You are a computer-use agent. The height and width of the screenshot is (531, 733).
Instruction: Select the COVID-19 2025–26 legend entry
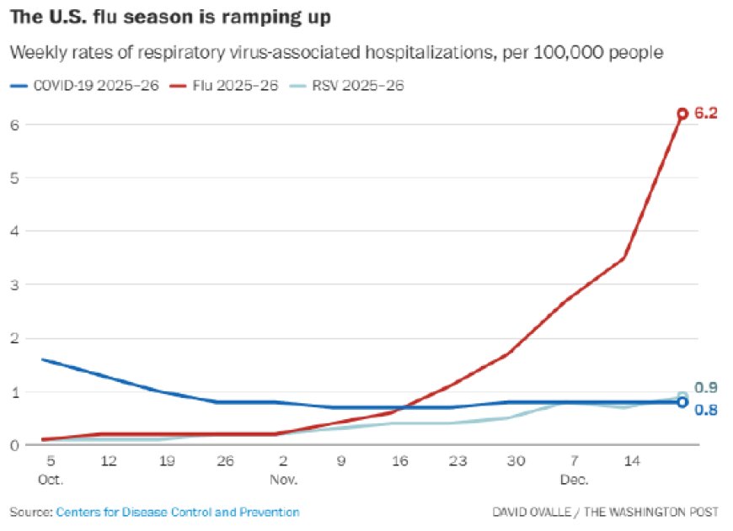pos(84,86)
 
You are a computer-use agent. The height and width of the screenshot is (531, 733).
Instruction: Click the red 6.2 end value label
pos(705,113)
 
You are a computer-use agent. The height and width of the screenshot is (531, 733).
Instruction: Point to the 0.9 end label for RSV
pos(705,388)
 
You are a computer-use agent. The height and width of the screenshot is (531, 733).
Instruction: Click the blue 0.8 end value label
pos(705,409)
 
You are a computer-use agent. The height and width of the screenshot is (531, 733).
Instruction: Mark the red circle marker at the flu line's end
pos(682,113)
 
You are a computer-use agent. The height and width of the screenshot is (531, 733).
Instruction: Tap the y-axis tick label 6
pos(14,125)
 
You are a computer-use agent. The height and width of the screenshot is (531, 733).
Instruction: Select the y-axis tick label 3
pos(14,284)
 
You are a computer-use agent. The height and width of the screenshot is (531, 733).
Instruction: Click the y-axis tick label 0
pos(14,445)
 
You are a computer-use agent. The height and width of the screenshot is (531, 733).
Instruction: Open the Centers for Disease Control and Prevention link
pos(178,512)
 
